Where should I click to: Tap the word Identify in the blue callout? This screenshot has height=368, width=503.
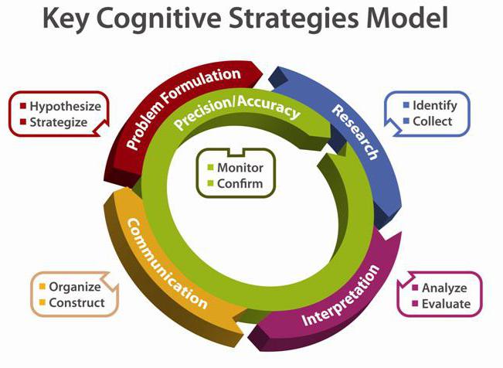click(x=434, y=105)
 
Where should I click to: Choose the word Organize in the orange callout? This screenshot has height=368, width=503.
click(x=75, y=287)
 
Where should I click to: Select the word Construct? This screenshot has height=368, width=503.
click(x=76, y=302)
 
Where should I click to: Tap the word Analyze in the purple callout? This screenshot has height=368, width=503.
click(x=444, y=288)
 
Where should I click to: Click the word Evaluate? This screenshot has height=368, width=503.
click(x=445, y=304)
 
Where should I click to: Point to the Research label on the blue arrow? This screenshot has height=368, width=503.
click(x=355, y=131)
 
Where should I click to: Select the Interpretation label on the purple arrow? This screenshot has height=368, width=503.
click(x=341, y=298)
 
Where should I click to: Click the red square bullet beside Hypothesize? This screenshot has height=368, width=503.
click(x=24, y=107)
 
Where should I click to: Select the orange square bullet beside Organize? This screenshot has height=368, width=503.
click(x=42, y=287)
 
